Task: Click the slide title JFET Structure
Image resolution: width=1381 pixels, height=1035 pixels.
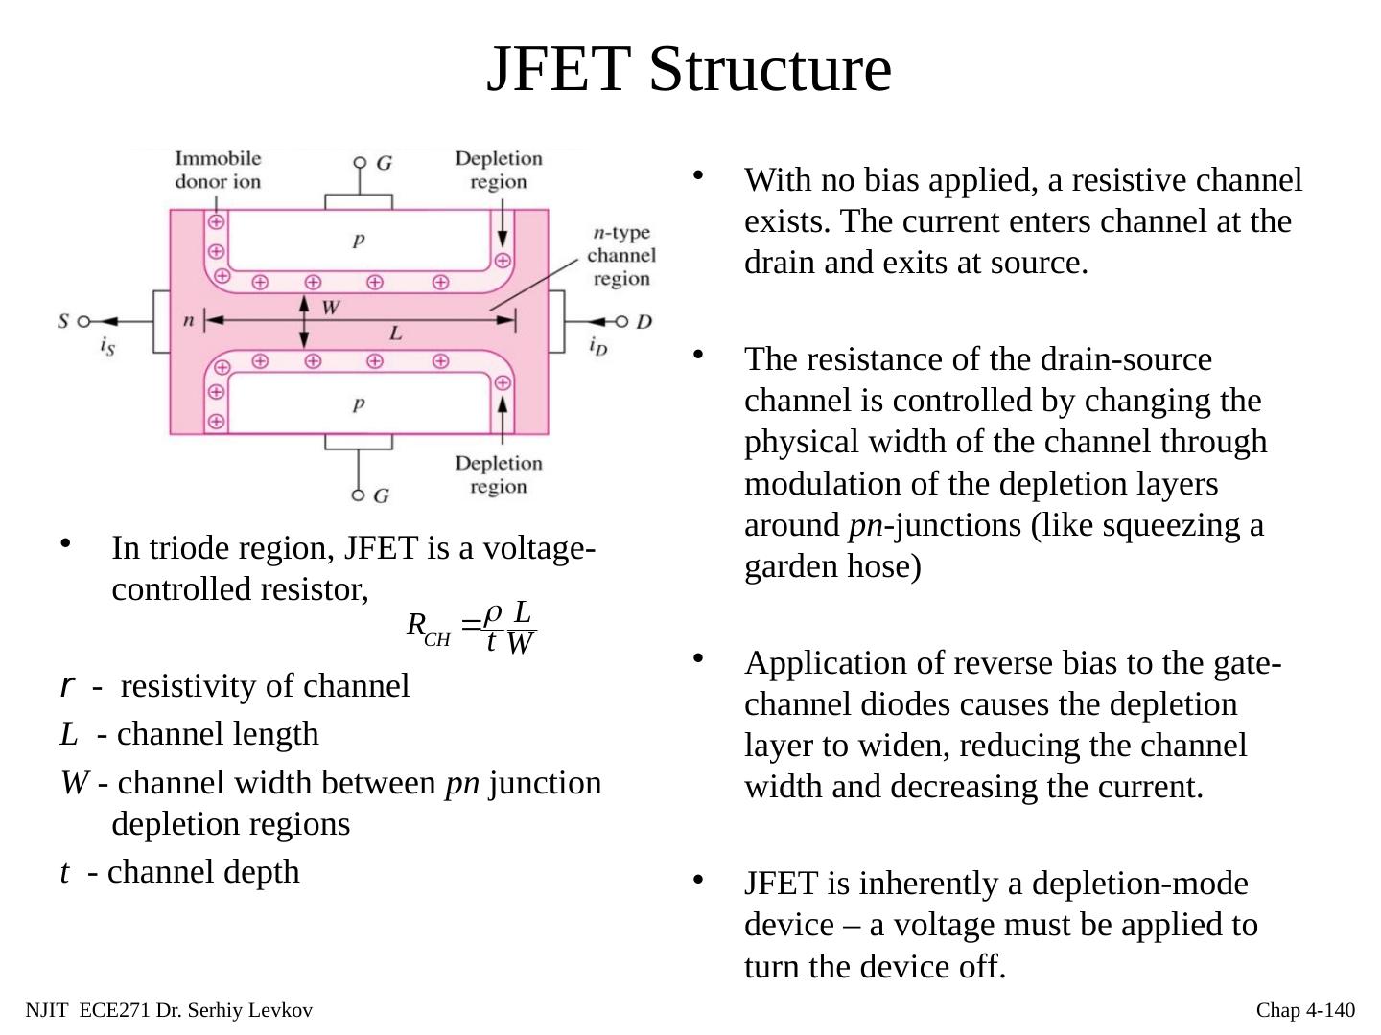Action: pos(689,69)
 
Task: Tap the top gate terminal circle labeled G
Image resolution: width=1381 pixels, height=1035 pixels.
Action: pos(360,163)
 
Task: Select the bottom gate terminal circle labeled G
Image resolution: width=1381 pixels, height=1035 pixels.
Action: pos(359,494)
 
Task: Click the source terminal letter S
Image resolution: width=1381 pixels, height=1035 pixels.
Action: pos(63,321)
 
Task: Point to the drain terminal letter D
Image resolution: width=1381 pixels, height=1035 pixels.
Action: pos(644,321)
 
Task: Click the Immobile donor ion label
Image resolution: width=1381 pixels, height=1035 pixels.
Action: pos(218,170)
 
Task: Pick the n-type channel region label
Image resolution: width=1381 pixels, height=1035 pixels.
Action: pos(621,255)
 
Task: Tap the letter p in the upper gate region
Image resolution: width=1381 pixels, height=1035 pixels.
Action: pos(358,239)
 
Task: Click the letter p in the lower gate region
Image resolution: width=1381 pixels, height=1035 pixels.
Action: pos(358,403)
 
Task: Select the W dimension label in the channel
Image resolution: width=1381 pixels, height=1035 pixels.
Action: pos(331,308)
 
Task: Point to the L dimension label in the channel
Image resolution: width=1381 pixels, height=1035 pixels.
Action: pos(395,334)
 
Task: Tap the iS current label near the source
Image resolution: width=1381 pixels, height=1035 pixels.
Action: pos(107,347)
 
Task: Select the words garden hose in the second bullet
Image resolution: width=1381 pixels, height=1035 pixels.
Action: pos(832,566)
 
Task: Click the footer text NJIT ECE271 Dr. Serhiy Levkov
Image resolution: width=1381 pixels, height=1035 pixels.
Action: pos(169,1010)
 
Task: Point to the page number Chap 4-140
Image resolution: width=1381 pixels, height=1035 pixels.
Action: pos(1305,1010)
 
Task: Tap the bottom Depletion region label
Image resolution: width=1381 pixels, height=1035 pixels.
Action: pos(498,474)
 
